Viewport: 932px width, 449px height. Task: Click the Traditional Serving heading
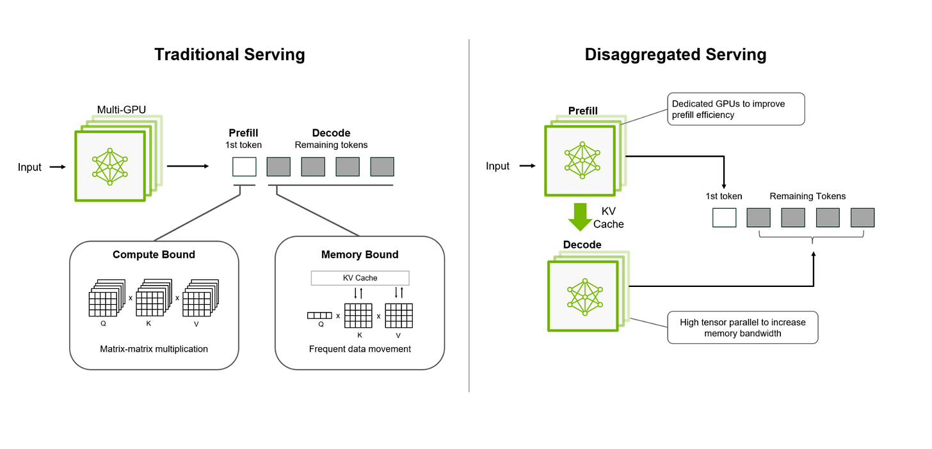point(230,54)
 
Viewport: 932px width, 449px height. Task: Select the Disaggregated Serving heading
point(675,54)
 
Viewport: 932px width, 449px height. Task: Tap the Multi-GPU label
point(122,110)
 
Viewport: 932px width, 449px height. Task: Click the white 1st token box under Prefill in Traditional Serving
point(245,167)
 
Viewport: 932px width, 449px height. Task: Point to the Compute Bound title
point(154,254)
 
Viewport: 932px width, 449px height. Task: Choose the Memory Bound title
point(360,254)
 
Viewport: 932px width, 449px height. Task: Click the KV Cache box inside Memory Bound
point(360,278)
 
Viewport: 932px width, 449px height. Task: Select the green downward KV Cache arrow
point(580,217)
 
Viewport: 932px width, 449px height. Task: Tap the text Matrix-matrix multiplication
point(154,349)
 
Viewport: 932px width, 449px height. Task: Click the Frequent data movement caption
point(360,349)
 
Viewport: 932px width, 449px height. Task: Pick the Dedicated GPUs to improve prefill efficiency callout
point(736,109)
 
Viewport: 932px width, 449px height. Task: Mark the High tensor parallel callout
point(743,328)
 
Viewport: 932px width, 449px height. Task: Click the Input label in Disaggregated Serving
point(497,166)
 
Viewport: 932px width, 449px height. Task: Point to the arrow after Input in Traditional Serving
point(58,167)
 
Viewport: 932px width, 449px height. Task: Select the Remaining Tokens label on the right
point(808,196)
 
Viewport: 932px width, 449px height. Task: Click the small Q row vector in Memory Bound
point(319,316)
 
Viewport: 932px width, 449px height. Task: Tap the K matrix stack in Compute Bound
point(154,297)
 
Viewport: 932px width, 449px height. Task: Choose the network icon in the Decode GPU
point(585,297)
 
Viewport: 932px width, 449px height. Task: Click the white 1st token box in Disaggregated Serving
point(725,217)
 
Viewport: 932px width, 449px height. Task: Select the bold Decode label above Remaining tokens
point(331,133)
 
